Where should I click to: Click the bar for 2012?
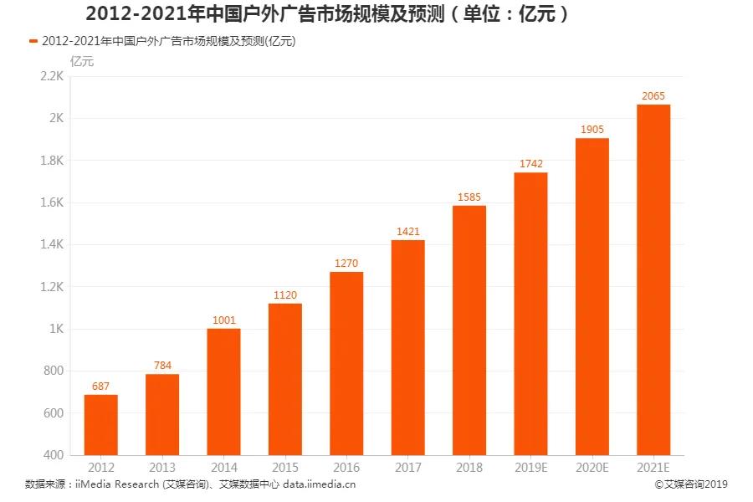point(100,425)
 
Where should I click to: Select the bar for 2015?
point(284,379)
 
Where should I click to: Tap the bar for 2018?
point(469,330)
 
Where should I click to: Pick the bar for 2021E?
point(653,280)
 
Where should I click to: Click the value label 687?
point(100,387)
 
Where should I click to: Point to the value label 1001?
point(223,320)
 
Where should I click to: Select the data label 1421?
point(407,232)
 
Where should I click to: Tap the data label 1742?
point(530,164)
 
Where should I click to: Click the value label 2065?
point(653,96)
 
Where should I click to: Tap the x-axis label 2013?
point(161,467)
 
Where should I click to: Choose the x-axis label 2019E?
point(530,467)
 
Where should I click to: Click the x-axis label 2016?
point(346,467)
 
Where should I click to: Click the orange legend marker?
point(33,40)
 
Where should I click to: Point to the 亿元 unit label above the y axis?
point(82,59)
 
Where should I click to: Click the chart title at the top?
point(327,14)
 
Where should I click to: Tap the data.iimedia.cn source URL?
point(320,484)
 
